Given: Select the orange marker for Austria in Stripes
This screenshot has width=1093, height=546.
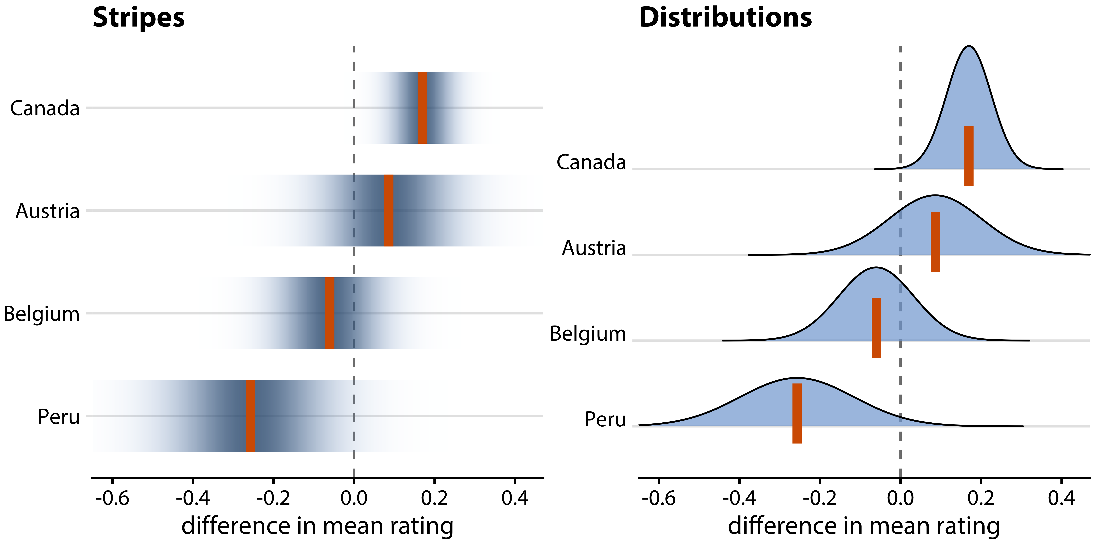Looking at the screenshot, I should pos(389,210).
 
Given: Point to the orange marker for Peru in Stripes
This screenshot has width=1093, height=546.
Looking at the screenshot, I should pos(250,416).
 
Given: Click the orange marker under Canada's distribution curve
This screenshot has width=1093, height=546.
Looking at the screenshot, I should pos(969,156).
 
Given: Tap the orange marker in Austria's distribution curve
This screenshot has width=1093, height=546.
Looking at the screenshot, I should pos(935,242).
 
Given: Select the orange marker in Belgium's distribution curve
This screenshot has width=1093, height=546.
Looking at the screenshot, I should pos(876,328).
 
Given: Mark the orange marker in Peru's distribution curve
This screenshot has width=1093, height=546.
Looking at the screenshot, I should pos(797,413).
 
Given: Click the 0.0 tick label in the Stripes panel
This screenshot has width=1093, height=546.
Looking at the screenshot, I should pos(354,498).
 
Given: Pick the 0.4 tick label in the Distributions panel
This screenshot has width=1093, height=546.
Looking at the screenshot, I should pos(1061,498).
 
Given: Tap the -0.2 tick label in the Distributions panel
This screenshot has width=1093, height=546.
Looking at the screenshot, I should pos(820,498).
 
